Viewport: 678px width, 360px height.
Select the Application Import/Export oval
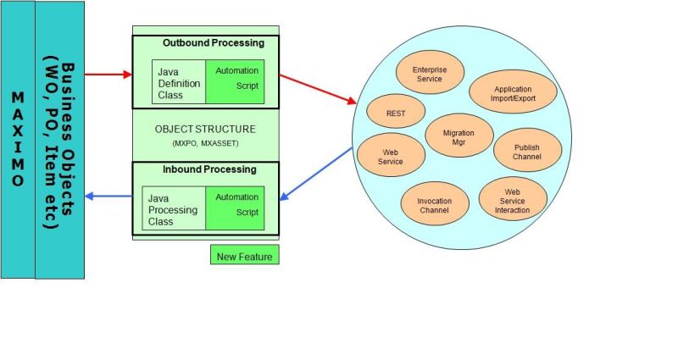click(512, 93)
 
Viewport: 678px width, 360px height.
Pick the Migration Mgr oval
click(458, 138)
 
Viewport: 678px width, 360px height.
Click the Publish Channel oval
click(526, 152)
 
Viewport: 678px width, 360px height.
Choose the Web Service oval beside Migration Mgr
click(391, 156)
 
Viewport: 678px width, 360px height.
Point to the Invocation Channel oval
click(434, 205)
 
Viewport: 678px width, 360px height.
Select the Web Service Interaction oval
click(512, 200)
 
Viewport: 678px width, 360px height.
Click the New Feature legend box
click(244, 255)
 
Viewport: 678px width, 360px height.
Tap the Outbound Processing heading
click(213, 43)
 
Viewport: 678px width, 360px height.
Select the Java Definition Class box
click(179, 82)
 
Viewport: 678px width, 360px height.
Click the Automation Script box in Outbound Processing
click(236, 80)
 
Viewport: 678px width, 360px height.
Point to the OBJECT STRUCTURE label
click(205, 130)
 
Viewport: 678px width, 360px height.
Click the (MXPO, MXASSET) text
click(205, 145)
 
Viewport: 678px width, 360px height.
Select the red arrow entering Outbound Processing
click(108, 75)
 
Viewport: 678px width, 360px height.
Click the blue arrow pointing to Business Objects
click(108, 197)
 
